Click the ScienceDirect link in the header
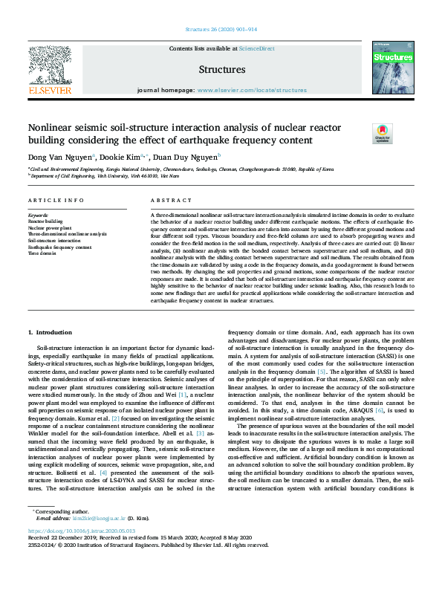click(x=257, y=48)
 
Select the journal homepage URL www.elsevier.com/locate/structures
click(x=252, y=90)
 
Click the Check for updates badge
click(x=382, y=133)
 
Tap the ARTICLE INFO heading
click(x=56, y=201)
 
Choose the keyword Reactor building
click(x=46, y=221)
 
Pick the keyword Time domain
click(x=42, y=253)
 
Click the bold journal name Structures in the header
click(x=221, y=70)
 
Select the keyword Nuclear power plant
click(x=51, y=227)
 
